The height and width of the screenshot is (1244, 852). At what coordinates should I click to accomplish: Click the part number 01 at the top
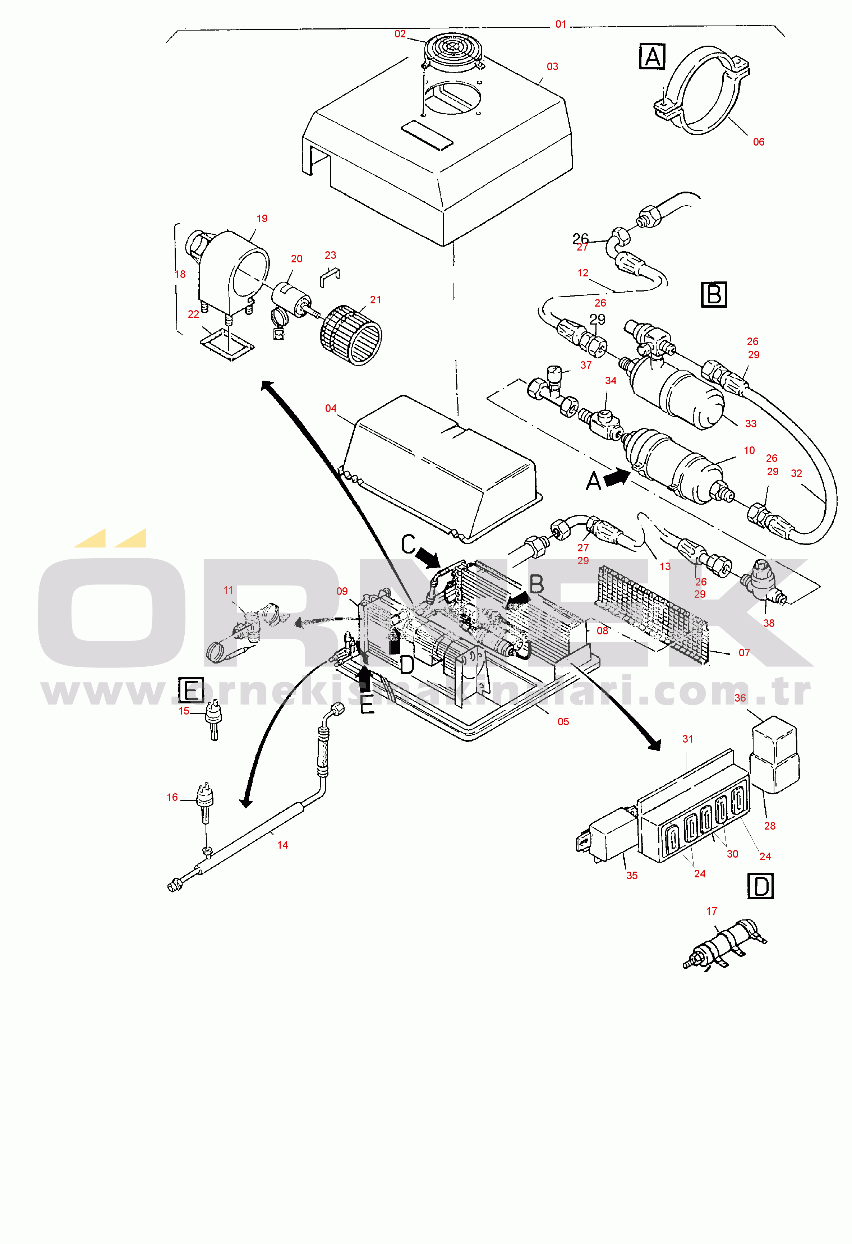(560, 24)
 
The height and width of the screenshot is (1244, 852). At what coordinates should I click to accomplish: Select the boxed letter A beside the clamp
(652, 57)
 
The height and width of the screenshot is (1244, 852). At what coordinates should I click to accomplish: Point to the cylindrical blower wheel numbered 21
(351, 335)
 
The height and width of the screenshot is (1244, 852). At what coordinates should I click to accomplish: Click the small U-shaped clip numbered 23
(329, 275)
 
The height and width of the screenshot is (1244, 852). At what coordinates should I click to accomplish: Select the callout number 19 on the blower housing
(262, 219)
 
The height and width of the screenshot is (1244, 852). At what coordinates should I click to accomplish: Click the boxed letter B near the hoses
(714, 294)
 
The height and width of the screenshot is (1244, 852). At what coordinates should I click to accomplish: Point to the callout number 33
(751, 423)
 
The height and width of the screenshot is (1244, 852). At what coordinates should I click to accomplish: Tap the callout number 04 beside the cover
(331, 408)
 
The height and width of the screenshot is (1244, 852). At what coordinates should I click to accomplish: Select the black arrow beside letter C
(429, 557)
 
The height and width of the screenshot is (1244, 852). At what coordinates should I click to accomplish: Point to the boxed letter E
(191, 690)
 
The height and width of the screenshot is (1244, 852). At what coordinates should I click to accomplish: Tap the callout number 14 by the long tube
(282, 845)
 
